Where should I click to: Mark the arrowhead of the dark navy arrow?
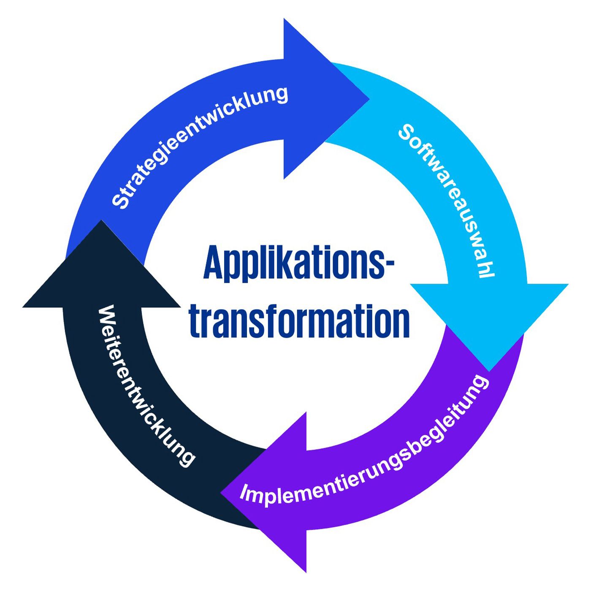click(x=101, y=270)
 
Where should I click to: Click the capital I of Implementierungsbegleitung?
click(x=244, y=491)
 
